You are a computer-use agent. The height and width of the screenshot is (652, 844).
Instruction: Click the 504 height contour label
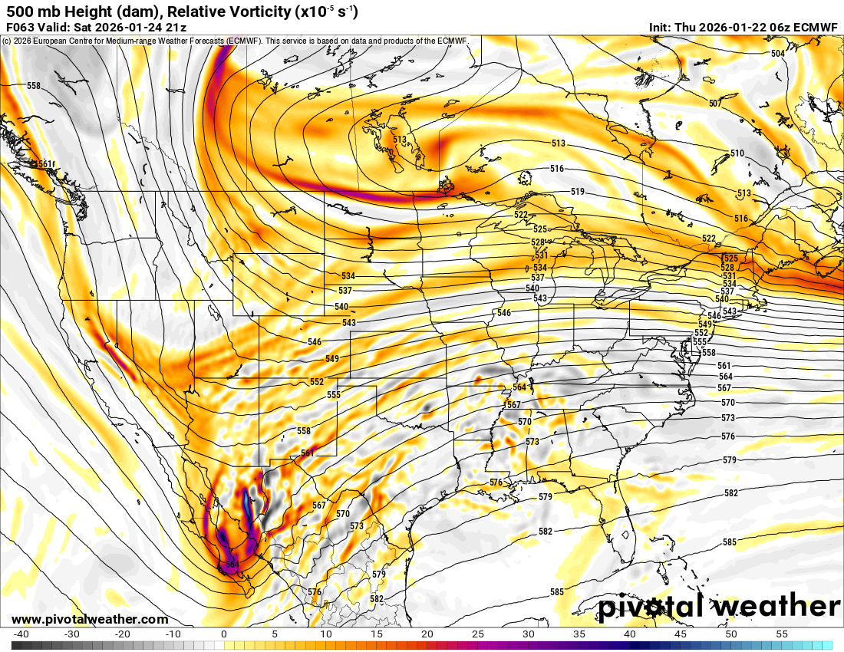[x=778, y=54]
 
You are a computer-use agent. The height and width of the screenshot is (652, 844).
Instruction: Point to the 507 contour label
[x=715, y=104]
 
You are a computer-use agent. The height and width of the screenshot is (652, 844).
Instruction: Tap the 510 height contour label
[x=737, y=153]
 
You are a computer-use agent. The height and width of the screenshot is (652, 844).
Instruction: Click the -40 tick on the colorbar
[x=21, y=634]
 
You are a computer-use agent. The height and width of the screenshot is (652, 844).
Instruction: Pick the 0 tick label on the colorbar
[x=223, y=634]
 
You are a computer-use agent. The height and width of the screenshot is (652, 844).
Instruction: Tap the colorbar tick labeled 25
[x=478, y=634]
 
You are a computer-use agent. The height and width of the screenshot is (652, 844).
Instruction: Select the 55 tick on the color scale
[x=782, y=634]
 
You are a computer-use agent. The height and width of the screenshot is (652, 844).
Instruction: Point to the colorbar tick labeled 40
[x=630, y=634]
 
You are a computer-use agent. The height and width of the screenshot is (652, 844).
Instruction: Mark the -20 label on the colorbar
[x=122, y=634]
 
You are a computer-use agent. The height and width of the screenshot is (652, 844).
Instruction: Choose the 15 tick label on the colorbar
[x=376, y=634]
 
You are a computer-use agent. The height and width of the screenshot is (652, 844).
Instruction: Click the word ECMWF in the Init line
[x=816, y=27]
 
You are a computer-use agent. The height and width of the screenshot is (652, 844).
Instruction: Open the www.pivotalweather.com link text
[x=90, y=619]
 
